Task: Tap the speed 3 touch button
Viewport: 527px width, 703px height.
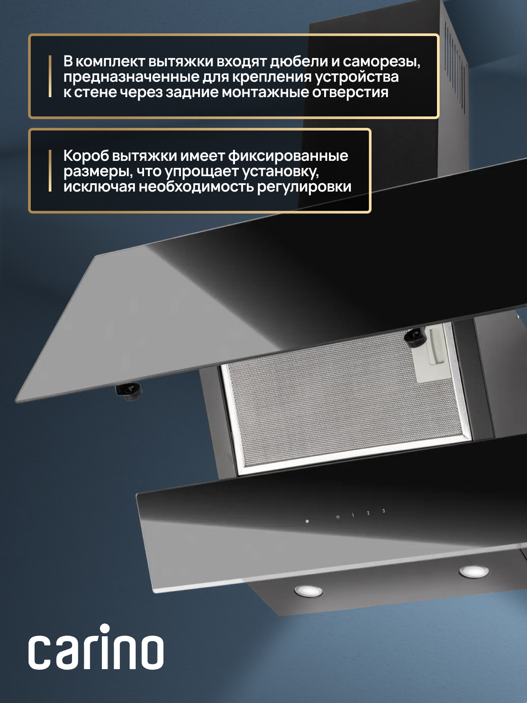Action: pyautogui.click(x=383, y=511)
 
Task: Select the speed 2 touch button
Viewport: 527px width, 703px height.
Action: pyautogui.click(x=368, y=513)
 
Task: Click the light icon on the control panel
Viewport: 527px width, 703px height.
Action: pyautogui.click(x=338, y=517)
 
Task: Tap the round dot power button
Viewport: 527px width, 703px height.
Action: pyautogui.click(x=307, y=522)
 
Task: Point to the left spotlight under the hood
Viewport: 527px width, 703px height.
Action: pyautogui.click(x=308, y=591)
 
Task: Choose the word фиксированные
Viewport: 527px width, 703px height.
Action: pyautogui.click(x=288, y=156)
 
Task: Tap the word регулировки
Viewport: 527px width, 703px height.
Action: pyautogui.click(x=304, y=187)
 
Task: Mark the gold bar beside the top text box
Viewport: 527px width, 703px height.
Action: pyautogui.click(x=50, y=76)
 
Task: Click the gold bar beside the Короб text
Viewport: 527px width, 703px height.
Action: pyautogui.click(x=50, y=171)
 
